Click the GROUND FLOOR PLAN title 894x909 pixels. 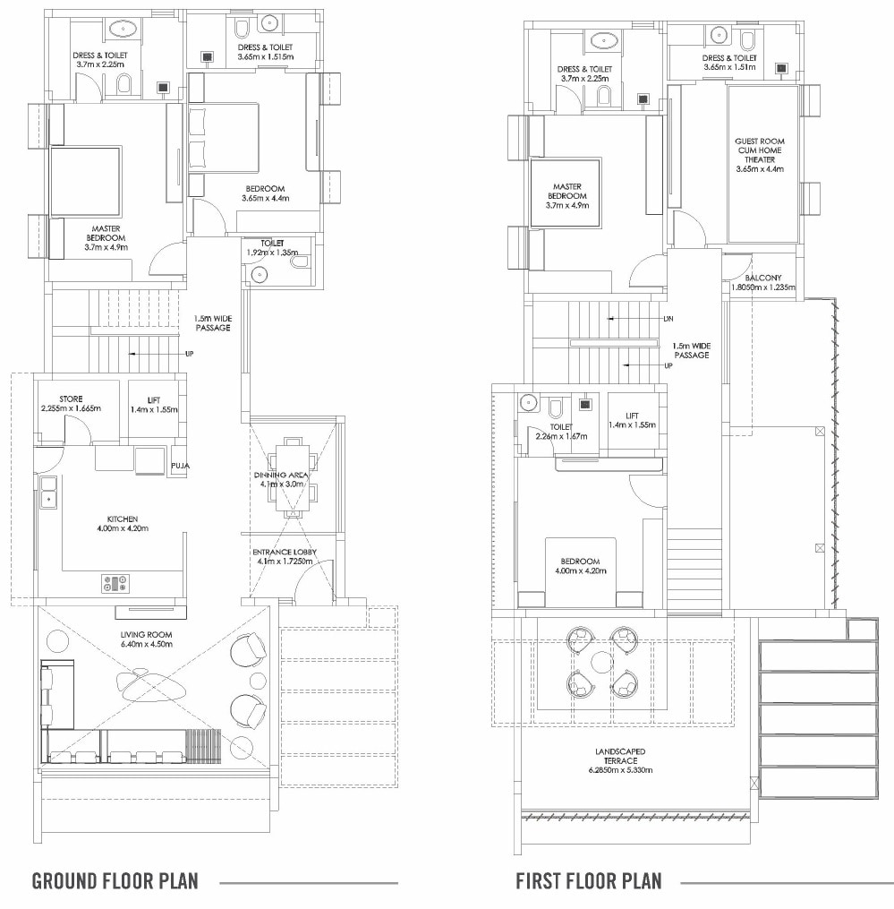tap(115, 881)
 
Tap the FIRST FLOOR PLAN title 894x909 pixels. tap(589, 881)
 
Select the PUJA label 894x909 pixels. tap(180, 466)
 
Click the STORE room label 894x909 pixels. tap(71, 399)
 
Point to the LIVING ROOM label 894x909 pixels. tap(147, 635)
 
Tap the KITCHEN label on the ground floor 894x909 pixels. tap(123, 519)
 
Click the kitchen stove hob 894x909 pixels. tap(115, 584)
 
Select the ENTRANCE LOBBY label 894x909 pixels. tap(285, 552)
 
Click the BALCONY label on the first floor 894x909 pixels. tap(763, 278)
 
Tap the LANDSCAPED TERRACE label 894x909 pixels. tap(620, 756)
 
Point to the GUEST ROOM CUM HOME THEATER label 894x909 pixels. tap(760, 150)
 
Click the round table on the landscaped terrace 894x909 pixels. tap(602, 662)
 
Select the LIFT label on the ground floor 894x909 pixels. tap(154, 400)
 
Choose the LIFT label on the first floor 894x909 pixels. tap(632, 416)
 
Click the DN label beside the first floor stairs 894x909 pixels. tap(668, 319)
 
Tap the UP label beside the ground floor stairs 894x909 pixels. tap(190, 354)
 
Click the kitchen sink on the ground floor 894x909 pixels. tap(48, 493)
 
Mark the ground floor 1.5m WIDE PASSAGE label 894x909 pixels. tap(213, 323)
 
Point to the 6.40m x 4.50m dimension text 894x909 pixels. tap(147, 644)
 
